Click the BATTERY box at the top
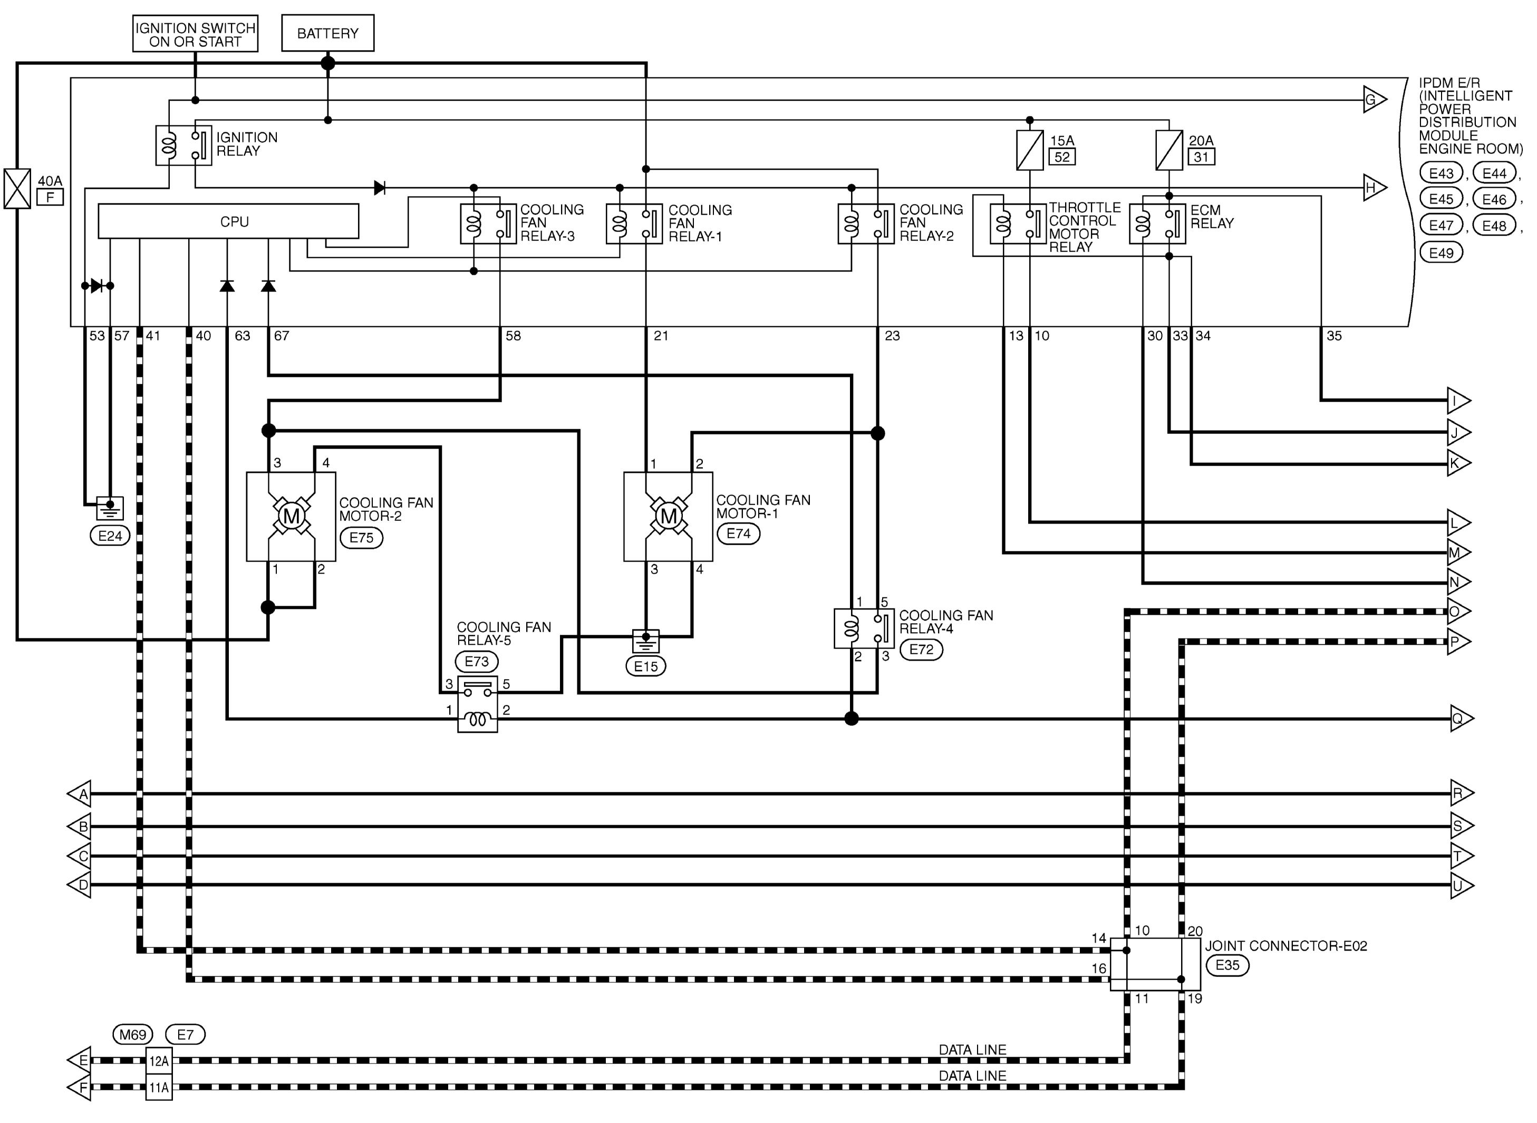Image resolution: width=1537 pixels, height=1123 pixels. [327, 33]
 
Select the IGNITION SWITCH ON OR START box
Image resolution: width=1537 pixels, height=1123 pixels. [195, 33]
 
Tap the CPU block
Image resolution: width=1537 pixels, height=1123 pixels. [228, 221]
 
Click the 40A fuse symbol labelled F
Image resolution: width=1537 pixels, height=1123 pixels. [17, 188]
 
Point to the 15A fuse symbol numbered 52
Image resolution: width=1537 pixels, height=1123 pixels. [1029, 150]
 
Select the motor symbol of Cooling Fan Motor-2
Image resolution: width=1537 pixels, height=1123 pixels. [291, 517]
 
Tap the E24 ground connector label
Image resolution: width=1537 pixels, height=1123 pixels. [110, 536]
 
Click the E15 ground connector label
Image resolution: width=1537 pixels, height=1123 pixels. [646, 666]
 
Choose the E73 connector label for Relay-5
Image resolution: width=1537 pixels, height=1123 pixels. [477, 662]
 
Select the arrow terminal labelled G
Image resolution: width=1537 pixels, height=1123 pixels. [1375, 100]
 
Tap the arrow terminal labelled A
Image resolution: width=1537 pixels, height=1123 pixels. [80, 793]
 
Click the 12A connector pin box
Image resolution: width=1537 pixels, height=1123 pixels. [159, 1060]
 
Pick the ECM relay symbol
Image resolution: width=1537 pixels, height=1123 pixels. [1157, 224]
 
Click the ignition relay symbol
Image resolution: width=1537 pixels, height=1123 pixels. [183, 146]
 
